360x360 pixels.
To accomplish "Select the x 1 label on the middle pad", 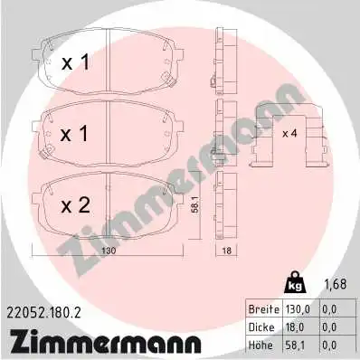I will (x=77, y=133).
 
